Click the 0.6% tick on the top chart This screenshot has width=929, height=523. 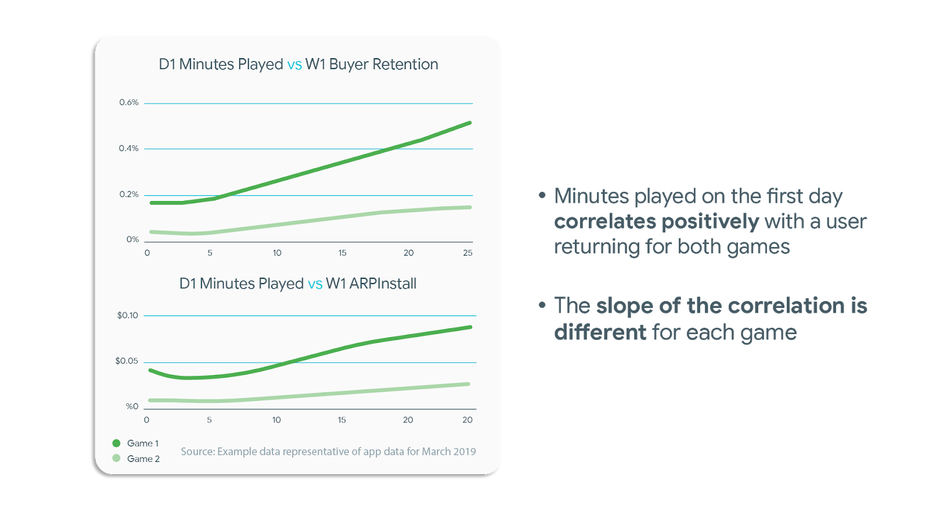click(x=128, y=102)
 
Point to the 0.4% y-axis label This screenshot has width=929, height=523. click(x=128, y=148)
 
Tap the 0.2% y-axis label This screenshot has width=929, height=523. click(x=128, y=194)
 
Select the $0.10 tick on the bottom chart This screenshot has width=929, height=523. click(x=127, y=315)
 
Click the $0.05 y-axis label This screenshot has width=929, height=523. click(x=127, y=361)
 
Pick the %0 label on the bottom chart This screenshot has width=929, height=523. click(x=132, y=406)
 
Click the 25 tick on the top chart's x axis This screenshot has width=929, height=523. click(x=467, y=253)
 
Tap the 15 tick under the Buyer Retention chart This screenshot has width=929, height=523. click(x=342, y=253)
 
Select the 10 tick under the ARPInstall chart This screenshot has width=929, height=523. click(x=276, y=420)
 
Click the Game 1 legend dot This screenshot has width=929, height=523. click(x=117, y=443)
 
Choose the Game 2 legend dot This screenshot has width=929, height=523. click(x=117, y=458)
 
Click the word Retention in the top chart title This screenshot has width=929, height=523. click(x=405, y=65)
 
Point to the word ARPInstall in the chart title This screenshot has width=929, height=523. click(x=383, y=284)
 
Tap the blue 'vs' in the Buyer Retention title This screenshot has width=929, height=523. click(x=294, y=65)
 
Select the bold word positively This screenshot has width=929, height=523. click(x=711, y=221)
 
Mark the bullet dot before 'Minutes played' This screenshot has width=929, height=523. click(x=542, y=195)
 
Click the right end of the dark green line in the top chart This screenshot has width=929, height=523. click(x=470, y=123)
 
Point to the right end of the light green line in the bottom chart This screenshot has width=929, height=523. click(x=468, y=384)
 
